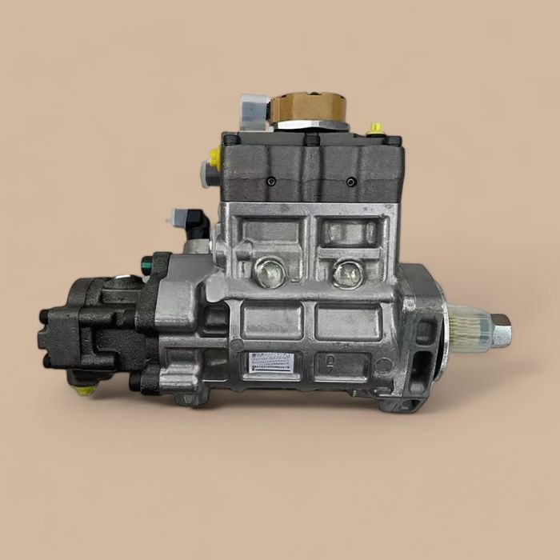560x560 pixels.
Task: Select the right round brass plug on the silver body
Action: tap(348, 274)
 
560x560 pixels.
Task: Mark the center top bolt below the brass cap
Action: tap(310, 140)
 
